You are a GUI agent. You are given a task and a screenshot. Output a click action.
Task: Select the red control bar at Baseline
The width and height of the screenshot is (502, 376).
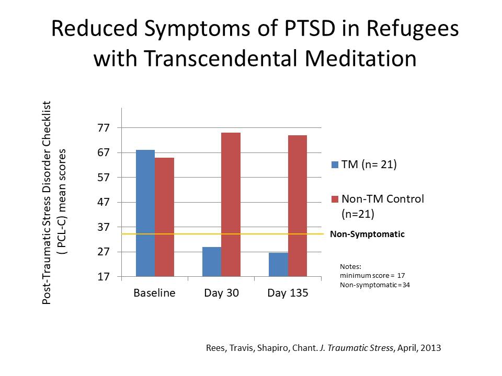coord(164,217)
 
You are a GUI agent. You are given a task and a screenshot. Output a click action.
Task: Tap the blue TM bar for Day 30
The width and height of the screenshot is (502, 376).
coord(212,262)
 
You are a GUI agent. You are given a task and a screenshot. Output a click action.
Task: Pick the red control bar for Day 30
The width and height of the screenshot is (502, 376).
coord(231,204)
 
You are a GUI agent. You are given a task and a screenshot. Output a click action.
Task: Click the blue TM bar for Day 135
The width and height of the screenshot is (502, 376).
coord(278,264)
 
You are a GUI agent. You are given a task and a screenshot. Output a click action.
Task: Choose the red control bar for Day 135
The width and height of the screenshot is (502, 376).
coord(297,206)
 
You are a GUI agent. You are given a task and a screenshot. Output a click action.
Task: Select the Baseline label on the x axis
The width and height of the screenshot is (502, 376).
coord(154,293)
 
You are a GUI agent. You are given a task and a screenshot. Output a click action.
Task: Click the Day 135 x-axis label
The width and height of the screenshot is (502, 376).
coord(288,293)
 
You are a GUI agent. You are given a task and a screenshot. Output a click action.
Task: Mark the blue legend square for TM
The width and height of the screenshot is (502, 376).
coord(335,165)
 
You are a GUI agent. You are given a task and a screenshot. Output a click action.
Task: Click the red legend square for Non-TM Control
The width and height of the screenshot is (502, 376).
coord(335,199)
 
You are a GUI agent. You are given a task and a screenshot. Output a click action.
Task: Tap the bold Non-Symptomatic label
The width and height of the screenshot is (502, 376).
coord(367,234)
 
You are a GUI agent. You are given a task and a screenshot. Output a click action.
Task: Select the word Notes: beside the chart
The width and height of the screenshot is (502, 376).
coord(350,266)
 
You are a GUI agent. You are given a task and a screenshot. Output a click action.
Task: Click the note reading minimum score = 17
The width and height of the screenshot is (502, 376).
coord(372,275)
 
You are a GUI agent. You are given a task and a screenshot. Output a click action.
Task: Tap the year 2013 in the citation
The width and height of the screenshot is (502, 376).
coord(432,347)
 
